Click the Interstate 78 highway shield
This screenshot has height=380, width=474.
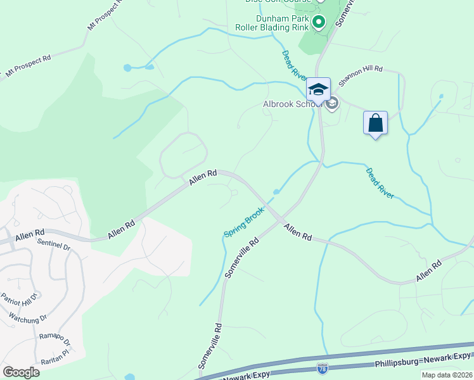323,367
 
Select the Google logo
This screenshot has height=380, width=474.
21,372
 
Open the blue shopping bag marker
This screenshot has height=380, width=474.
375,122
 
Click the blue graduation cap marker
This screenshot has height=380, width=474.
318,89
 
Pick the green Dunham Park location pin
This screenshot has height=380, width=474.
318,24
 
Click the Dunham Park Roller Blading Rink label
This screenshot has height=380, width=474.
272,23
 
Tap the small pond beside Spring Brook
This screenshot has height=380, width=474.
276,192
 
